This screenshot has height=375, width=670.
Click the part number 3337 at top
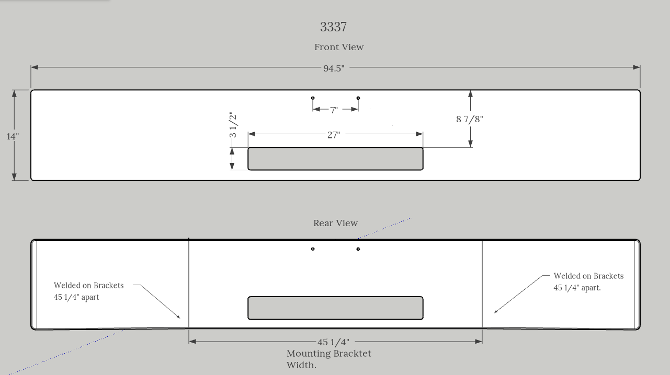pyautogui.click(x=333, y=27)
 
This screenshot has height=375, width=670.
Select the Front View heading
pyautogui.click(x=339, y=47)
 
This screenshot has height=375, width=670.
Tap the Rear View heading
pyautogui.click(x=335, y=223)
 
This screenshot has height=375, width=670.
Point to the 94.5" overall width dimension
pyautogui.click(x=334, y=68)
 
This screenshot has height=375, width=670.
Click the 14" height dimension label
pyautogui.click(x=13, y=136)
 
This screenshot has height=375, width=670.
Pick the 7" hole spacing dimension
pyautogui.click(x=334, y=110)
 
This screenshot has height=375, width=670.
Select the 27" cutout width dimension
pyautogui.click(x=334, y=135)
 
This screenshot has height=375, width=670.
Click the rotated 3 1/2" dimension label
pyautogui.click(x=233, y=125)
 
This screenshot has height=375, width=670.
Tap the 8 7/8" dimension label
pyautogui.click(x=470, y=119)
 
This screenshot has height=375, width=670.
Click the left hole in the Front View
pyautogui.click(x=313, y=98)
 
